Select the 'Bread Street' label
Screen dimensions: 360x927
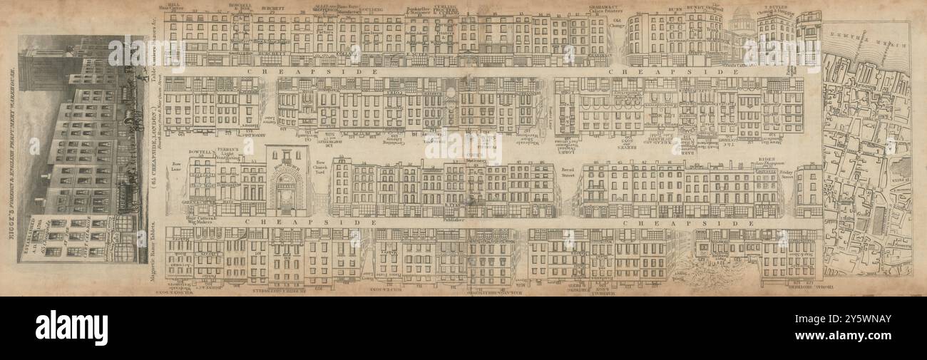point(568,172)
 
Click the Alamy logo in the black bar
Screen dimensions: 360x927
point(71,328)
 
